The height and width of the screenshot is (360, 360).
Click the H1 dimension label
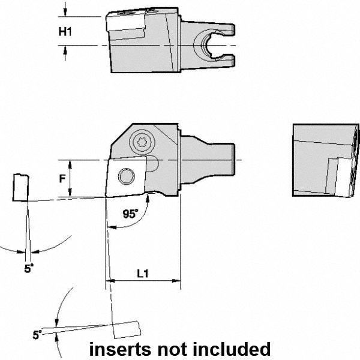[65, 31]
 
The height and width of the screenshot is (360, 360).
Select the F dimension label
[62, 179]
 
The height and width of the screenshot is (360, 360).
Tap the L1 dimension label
[143, 274]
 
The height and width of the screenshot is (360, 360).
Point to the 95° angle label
[130, 214]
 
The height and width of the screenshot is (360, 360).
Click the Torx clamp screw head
[142, 142]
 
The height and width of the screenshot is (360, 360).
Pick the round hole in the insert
[126, 176]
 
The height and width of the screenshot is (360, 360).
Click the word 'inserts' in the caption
[120, 349]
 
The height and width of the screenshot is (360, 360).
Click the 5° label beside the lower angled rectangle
[37, 335]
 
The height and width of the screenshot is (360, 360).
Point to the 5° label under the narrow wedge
[29, 268]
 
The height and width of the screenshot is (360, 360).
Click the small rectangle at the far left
[21, 188]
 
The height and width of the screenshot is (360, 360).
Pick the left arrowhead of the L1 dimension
[110, 281]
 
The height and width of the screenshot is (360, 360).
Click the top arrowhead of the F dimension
[70, 165]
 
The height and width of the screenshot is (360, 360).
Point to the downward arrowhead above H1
[65, 12]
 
